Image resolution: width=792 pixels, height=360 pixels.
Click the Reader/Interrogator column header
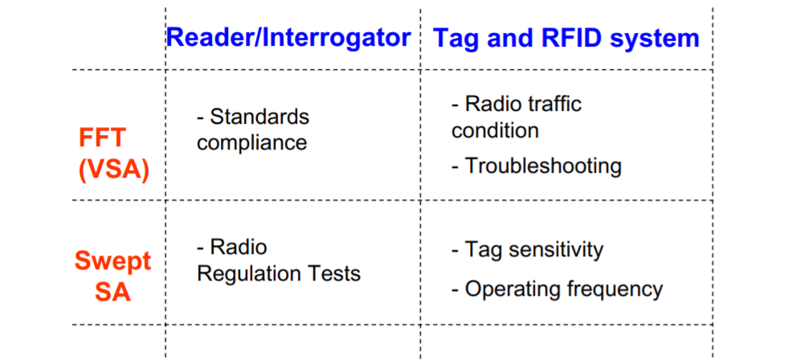(x=288, y=38)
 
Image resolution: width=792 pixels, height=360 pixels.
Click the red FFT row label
(x=101, y=137)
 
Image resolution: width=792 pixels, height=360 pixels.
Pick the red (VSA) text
(x=113, y=171)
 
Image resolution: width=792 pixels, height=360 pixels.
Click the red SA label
(x=112, y=293)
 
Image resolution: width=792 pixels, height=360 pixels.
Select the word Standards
(x=259, y=117)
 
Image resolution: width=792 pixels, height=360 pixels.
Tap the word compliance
(x=252, y=142)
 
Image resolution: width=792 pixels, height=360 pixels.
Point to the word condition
(x=495, y=130)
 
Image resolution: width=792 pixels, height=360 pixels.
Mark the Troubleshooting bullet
(x=537, y=166)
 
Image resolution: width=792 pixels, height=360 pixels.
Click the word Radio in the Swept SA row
(x=239, y=247)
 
